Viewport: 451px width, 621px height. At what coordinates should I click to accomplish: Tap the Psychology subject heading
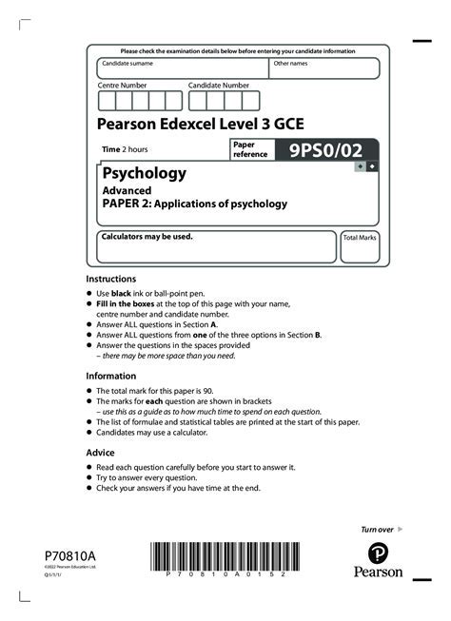click(x=143, y=173)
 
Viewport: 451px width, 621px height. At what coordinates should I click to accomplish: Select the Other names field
click(x=324, y=69)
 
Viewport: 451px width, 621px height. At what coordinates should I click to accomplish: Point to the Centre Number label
click(x=123, y=86)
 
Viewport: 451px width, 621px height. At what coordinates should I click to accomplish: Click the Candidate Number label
click(x=218, y=86)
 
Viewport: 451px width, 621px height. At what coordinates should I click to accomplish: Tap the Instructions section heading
click(x=110, y=279)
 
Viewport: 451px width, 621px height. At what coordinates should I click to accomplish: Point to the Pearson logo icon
click(x=379, y=553)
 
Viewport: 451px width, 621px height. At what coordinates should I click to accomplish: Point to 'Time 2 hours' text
click(x=126, y=149)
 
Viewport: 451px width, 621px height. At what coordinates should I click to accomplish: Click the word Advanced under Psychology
click(x=127, y=190)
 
